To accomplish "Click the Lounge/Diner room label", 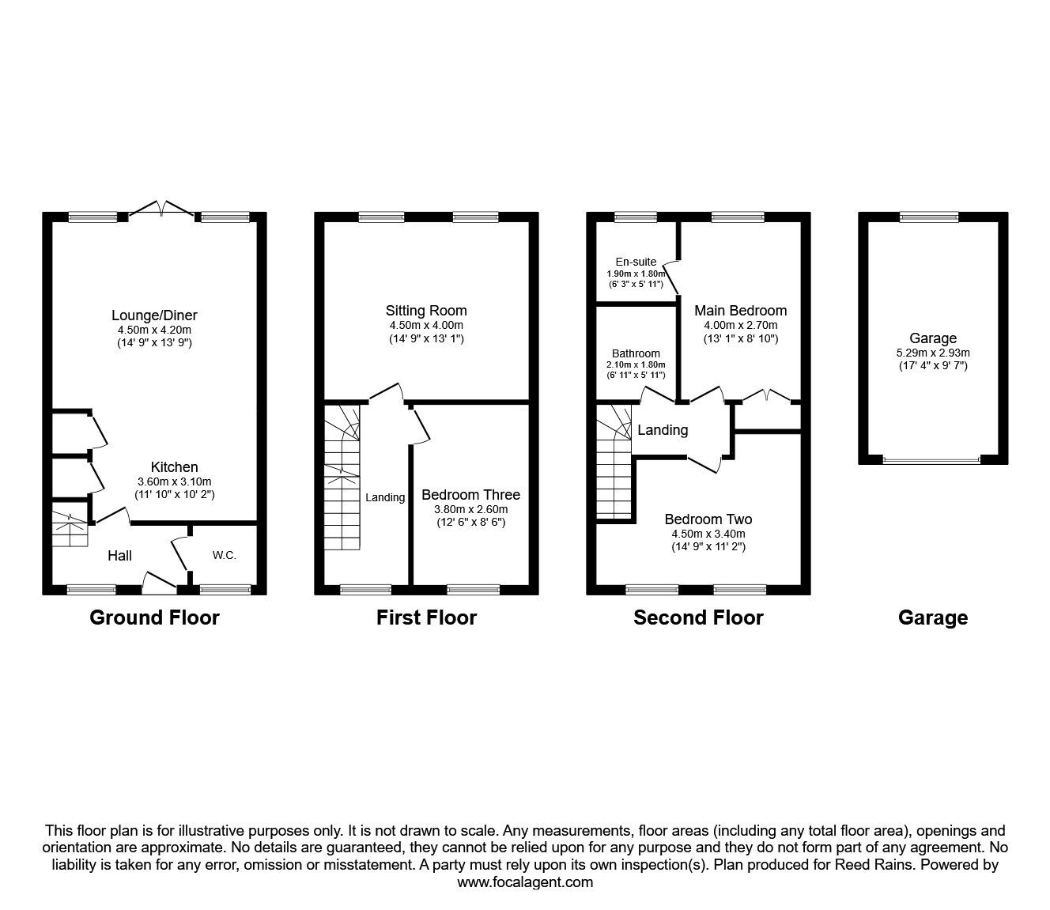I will [154, 315].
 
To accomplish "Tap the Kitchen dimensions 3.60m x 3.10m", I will [175, 481].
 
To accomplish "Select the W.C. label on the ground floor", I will [224, 556].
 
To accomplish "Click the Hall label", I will [119, 557].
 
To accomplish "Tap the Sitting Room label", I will [426, 311].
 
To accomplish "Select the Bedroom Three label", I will [470, 495].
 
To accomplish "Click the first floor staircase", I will [342, 478].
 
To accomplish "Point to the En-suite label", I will [636, 262].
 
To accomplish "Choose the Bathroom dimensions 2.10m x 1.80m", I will [636, 364].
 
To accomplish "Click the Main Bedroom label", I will [740, 311].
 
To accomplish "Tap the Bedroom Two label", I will [708, 519].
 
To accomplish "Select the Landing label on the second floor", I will [663, 430].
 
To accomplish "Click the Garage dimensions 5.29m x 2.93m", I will [933, 353].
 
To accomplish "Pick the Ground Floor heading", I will [154, 617].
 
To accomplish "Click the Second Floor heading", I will [698, 617].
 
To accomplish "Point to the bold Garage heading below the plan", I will [933, 617].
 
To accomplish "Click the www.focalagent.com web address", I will [525, 882].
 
